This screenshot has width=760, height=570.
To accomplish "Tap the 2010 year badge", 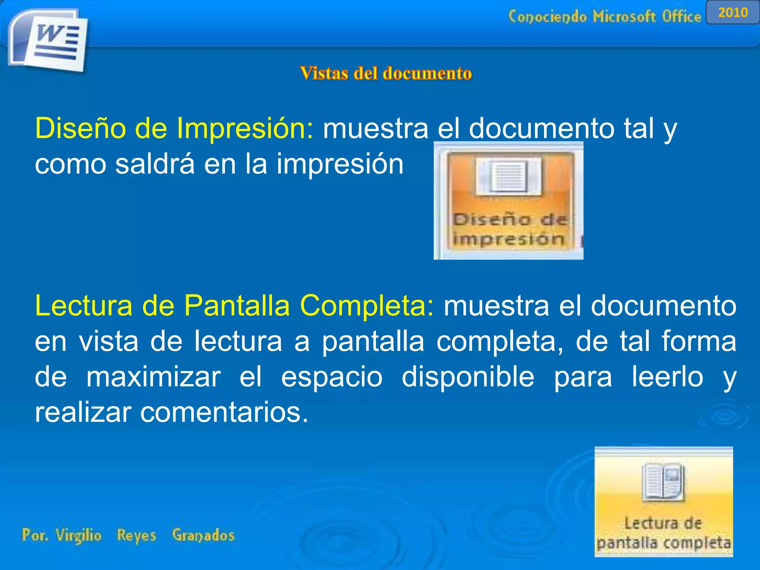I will tap(733, 13).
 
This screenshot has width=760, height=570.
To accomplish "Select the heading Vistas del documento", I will tap(386, 73).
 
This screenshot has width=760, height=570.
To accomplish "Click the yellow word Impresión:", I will tap(245, 128).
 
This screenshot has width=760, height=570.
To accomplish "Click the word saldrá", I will tap(155, 164).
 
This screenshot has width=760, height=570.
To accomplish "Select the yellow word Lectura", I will tap(83, 306).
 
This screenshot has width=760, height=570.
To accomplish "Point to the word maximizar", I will tap(153, 377).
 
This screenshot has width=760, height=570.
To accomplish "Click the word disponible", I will tap(468, 377).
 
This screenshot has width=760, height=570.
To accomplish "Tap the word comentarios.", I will tap(224, 413).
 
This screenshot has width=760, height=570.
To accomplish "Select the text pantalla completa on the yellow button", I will tap(664, 543).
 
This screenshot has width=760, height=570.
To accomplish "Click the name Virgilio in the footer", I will tap(78, 535).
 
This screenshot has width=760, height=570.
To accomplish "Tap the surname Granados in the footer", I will tap(203, 535).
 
